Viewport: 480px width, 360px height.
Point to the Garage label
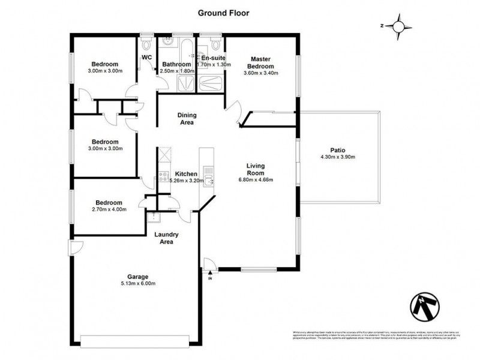pos(137,277)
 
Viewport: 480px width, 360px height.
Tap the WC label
pos(146,57)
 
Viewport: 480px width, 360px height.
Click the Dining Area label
pos(187,118)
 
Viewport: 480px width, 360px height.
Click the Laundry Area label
pos(163,238)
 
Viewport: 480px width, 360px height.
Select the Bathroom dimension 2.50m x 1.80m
pos(176,71)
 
